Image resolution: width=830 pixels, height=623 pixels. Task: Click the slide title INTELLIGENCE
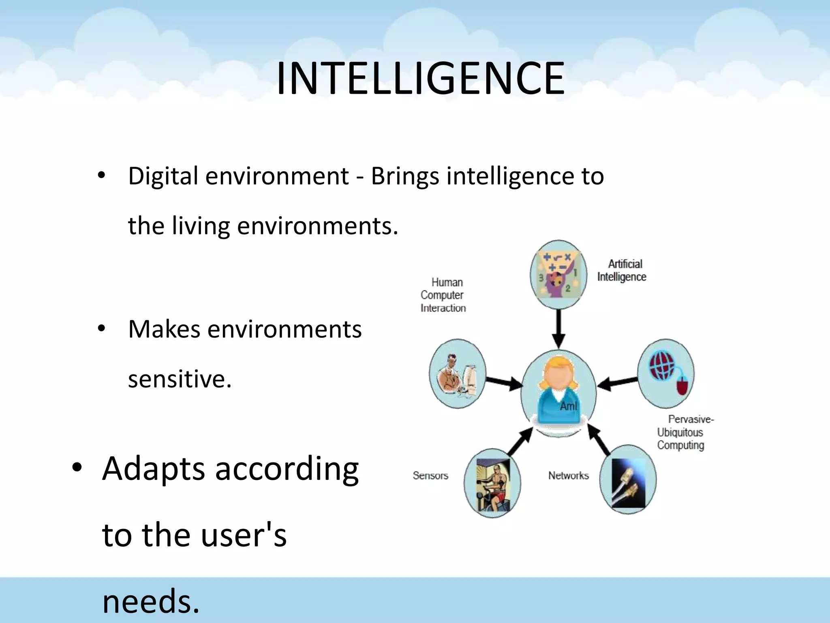(420, 78)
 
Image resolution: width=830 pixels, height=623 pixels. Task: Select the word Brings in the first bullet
(404, 176)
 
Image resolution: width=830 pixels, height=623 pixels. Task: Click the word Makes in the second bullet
(164, 329)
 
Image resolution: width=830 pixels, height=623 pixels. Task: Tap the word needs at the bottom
(150, 601)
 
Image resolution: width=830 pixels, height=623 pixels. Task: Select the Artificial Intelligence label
(622, 271)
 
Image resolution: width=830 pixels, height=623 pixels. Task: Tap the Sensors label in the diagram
(430, 475)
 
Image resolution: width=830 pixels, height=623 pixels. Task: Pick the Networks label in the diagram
(568, 475)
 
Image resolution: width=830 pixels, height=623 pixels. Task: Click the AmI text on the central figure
(568, 406)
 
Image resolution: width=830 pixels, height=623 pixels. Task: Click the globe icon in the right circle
(661, 365)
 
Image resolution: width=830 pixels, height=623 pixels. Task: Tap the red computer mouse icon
(682, 385)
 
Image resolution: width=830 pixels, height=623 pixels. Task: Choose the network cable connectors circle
(627, 480)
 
